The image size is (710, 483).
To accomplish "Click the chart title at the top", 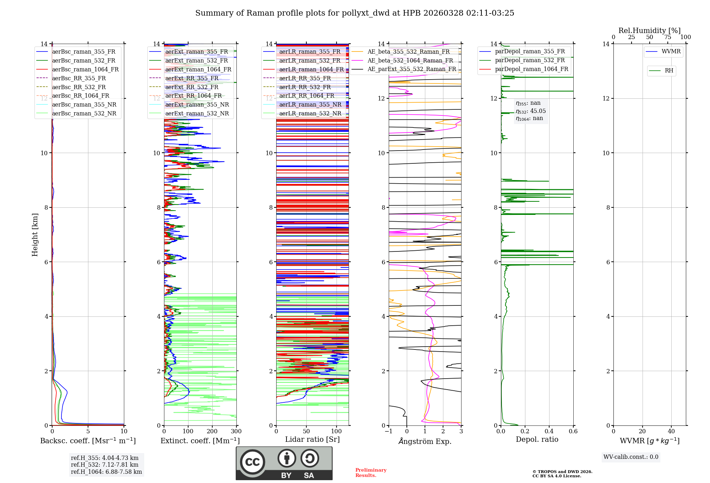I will coord(355,13).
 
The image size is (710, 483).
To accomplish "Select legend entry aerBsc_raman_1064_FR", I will coord(85,70).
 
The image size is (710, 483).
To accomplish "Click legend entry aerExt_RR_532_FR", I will coord(192,87).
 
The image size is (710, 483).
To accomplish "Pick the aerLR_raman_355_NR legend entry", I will coord(310,105).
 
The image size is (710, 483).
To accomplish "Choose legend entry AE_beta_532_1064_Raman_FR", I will coord(410,60).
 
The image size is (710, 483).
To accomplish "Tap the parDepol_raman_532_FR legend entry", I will coord(530,60).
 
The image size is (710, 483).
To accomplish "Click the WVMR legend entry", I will coord(671,51).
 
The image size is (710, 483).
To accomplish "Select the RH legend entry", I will coord(669,71).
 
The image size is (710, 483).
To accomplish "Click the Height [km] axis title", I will coord(35,234).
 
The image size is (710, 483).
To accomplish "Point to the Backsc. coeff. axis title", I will coord(88,441).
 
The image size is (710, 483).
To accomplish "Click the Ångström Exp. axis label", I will coord(425,441).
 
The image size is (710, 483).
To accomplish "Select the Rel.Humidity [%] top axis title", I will coord(649,31).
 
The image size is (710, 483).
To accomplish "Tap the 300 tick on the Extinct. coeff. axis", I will coord(236,432).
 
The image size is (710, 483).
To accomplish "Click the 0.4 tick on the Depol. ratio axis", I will coord(549,432).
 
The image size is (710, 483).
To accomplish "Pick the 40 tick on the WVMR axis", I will coord(671,432).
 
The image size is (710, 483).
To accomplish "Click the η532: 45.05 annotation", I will coord(531,111).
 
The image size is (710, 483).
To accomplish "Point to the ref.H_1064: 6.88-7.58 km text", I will coord(106,472).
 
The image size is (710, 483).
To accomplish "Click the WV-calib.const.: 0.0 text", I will coord(631,457).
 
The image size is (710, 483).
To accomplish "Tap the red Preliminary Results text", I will coord(371,473).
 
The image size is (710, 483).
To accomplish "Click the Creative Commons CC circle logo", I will coord(252,462).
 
